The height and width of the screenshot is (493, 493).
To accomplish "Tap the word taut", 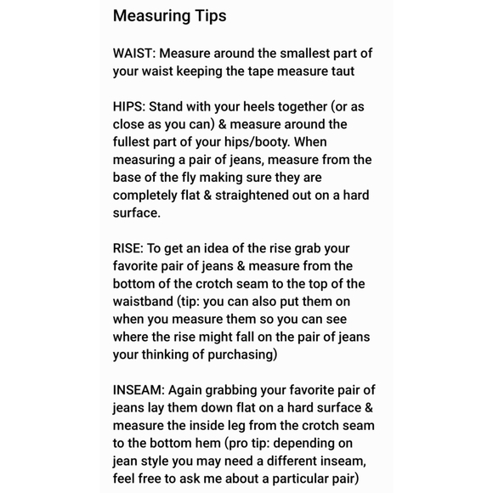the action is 339,71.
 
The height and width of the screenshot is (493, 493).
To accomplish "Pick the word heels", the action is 253,107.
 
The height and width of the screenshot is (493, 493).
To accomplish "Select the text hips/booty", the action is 253,142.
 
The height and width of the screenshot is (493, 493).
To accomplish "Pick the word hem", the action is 205,443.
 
